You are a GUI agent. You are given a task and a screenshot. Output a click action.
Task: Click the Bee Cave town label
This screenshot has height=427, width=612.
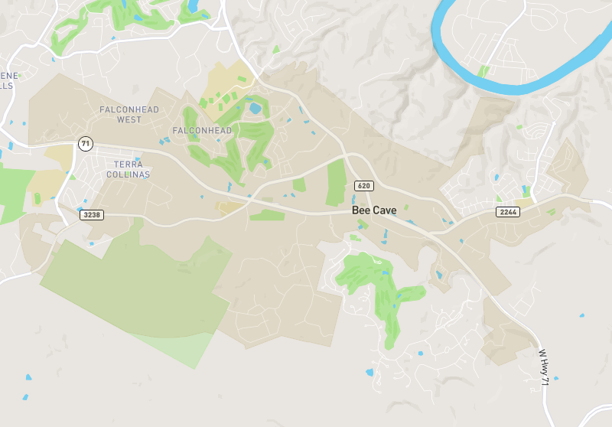(375, 210)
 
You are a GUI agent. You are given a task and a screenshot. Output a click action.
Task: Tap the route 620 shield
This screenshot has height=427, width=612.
(363, 186)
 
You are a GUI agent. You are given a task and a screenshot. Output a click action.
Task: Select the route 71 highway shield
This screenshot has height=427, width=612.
(85, 144)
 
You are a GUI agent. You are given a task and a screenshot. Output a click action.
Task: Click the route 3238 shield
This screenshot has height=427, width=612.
(91, 215)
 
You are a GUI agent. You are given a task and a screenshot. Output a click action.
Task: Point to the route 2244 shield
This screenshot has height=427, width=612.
(507, 211)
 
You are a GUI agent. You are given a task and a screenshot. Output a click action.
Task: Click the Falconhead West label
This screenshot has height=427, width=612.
(129, 115)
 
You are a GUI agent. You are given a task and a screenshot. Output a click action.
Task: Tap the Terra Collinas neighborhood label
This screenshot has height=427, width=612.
(132, 169)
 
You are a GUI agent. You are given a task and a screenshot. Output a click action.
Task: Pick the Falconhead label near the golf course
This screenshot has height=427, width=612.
(202, 131)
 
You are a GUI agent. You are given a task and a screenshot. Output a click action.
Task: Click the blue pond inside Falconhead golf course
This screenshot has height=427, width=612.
(254, 108)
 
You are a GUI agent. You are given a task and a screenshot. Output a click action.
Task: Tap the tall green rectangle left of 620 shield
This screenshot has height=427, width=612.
(336, 182)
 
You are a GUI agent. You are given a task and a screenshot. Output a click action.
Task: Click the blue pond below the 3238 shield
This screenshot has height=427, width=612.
(92, 244)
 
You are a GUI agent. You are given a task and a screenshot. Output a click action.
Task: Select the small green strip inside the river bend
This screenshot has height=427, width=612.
(483, 71)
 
